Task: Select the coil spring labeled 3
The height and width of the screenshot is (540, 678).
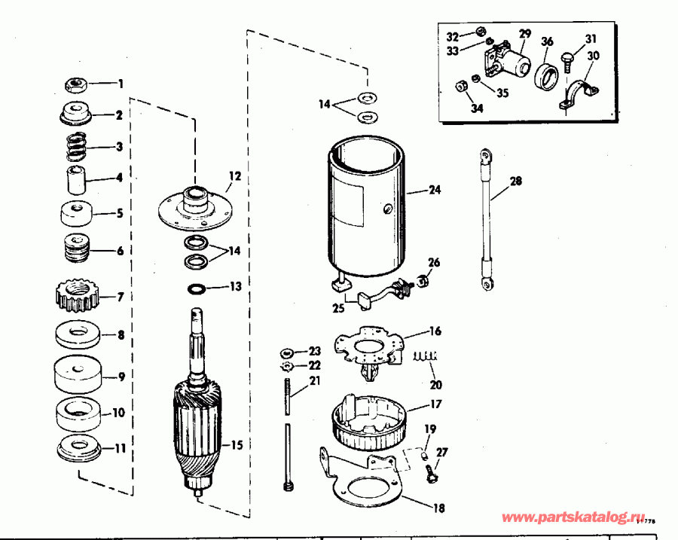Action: (75, 146)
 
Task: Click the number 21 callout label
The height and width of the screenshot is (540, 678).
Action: (313, 381)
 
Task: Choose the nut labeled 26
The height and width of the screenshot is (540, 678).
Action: (423, 282)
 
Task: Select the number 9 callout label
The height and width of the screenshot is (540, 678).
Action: (121, 377)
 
